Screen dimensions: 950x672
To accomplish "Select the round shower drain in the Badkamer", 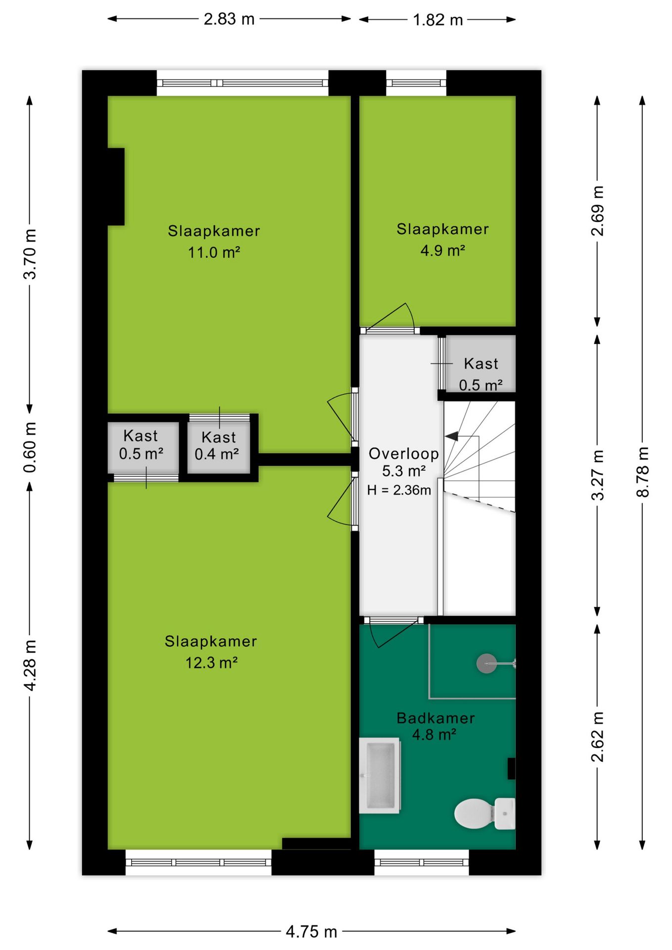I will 486,664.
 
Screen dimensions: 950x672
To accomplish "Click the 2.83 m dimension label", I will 229,19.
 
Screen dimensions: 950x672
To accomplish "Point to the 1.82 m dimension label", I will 437,20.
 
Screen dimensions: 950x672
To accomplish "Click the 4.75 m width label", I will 311,932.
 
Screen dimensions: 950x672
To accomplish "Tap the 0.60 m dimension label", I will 30,447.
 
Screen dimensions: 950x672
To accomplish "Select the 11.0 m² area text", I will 214,253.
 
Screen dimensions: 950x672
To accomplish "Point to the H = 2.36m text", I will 399,490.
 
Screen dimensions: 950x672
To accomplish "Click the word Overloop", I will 404,454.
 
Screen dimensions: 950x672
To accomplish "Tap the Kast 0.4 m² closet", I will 218,445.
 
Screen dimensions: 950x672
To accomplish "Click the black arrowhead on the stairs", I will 451,436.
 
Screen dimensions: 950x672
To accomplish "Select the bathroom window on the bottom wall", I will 421,862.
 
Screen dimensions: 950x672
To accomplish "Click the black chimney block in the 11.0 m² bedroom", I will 116,187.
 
